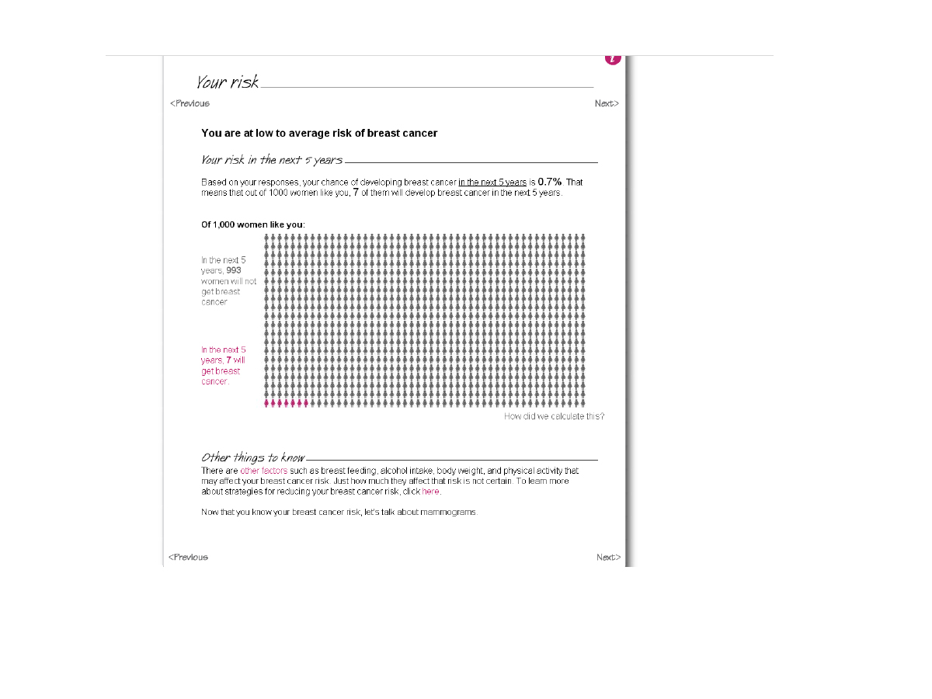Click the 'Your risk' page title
(x=227, y=82)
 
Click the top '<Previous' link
(x=190, y=103)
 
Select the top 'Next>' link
(x=607, y=103)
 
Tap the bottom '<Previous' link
(x=189, y=557)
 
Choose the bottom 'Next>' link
(x=608, y=557)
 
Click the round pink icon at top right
(x=613, y=58)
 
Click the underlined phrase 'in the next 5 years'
(x=492, y=183)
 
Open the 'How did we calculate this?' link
(x=554, y=416)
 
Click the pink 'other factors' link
(x=263, y=471)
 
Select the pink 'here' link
(x=430, y=492)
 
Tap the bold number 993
(x=234, y=270)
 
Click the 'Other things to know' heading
(x=252, y=457)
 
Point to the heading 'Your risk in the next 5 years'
(x=271, y=160)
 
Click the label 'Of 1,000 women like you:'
(x=253, y=224)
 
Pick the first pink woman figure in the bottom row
(x=267, y=402)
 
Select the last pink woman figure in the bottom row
(x=305, y=402)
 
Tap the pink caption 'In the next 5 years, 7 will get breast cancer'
(x=224, y=365)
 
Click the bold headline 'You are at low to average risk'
(x=319, y=134)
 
